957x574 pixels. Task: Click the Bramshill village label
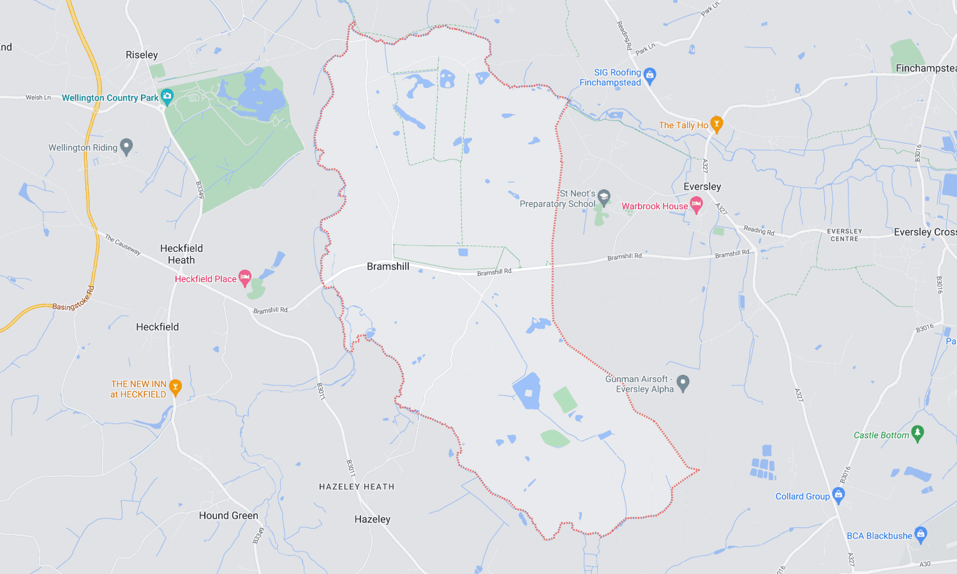388,267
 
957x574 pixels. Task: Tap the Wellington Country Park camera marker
167,97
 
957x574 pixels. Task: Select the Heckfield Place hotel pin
245,277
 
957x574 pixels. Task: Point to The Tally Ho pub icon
716,124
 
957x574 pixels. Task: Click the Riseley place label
142,55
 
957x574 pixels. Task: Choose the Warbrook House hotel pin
696,205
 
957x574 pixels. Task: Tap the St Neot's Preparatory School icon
604,197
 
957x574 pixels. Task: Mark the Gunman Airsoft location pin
683,383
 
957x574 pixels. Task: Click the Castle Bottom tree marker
917,434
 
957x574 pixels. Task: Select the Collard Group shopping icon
838,495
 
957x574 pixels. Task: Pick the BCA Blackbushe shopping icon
920,534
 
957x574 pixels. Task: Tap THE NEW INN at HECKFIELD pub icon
175,386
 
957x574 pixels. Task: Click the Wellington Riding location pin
126,147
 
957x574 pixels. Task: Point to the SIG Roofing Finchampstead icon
649,75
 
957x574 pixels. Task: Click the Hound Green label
228,515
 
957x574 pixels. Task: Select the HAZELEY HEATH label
357,487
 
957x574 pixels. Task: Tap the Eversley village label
702,187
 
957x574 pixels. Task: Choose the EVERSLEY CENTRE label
844,235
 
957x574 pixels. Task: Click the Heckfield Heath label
181,254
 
